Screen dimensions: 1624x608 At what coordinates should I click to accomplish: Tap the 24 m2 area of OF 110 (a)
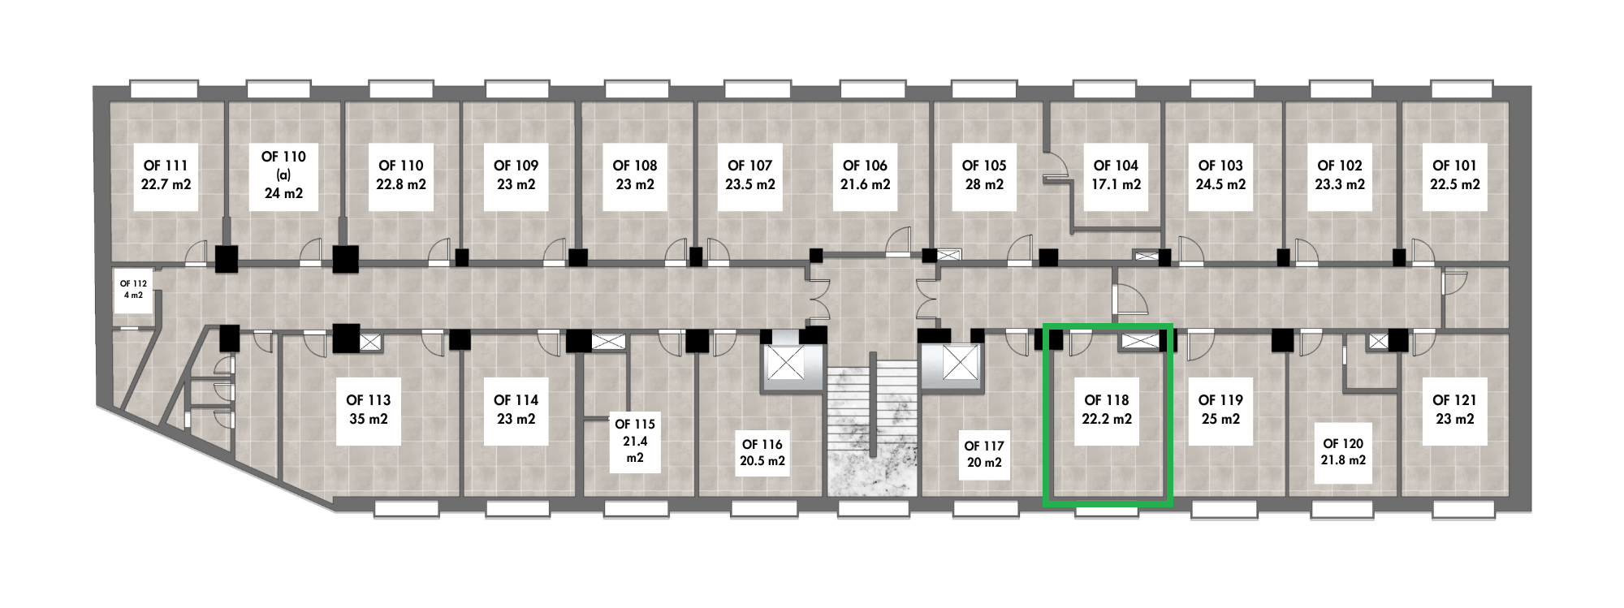tap(283, 193)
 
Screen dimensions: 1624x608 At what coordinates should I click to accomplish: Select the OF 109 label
tap(516, 166)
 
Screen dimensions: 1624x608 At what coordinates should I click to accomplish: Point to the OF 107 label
tap(749, 166)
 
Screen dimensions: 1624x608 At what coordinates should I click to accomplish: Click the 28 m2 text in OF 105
tap(984, 184)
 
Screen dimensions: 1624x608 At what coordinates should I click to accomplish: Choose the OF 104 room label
tap(1116, 166)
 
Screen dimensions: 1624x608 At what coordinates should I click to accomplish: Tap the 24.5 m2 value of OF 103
tap(1220, 184)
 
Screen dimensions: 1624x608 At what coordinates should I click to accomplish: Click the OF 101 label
tap(1454, 166)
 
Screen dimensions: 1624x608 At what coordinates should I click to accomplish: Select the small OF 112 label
tap(133, 283)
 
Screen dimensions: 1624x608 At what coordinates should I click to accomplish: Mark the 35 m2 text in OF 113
tap(368, 419)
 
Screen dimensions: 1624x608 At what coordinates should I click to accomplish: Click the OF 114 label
tap(516, 400)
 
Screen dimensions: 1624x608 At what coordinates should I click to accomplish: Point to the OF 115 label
tap(635, 425)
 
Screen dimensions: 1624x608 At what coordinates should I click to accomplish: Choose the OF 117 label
tap(984, 446)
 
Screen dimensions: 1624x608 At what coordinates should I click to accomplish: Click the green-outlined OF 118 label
tap(1107, 400)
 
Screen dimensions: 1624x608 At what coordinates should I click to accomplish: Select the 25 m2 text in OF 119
tap(1220, 419)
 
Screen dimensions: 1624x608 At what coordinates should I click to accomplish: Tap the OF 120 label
tap(1343, 444)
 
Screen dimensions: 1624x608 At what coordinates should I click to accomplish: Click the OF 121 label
tap(1454, 400)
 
